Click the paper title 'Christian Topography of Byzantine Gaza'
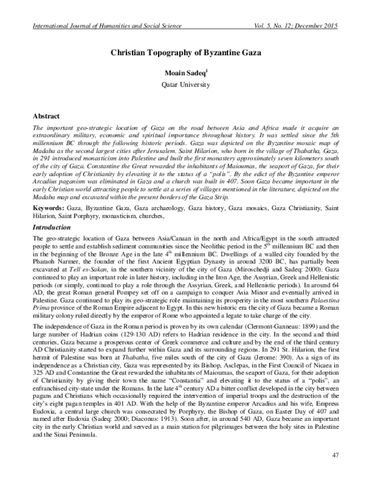tap(186, 54)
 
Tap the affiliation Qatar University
tap(185, 82)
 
